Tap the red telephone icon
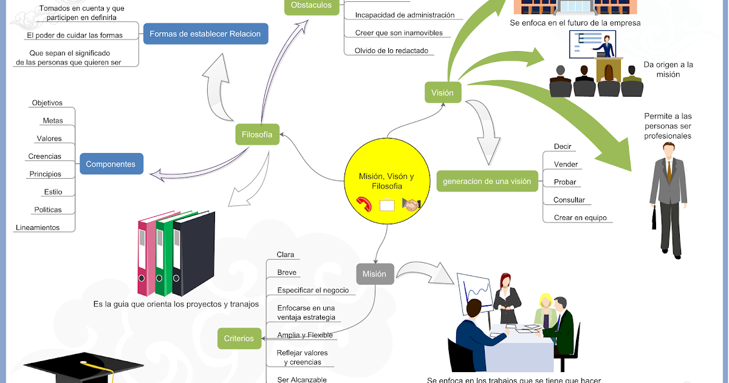coord(365,204)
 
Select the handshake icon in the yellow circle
coord(412,205)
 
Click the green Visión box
coord(442,93)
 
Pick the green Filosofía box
coord(257,134)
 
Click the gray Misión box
coord(374,274)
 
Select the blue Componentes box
coord(111,164)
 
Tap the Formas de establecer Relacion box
coord(205,34)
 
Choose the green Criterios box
coord(239,339)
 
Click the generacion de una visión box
coord(487,181)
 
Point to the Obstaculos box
coord(311,5)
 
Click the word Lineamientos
coord(38,227)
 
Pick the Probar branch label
coord(565,182)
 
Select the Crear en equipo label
coord(580,218)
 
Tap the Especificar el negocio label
coord(313,290)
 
